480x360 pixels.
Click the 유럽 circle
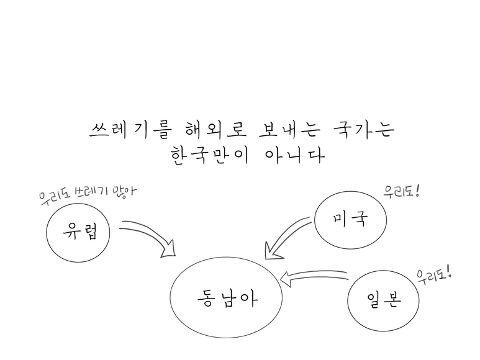click(78, 233)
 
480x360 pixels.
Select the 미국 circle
click(350, 219)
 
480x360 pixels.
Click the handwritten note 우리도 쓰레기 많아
click(87, 193)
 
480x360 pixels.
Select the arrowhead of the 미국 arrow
click(271, 251)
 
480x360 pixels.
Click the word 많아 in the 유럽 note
click(124, 190)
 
